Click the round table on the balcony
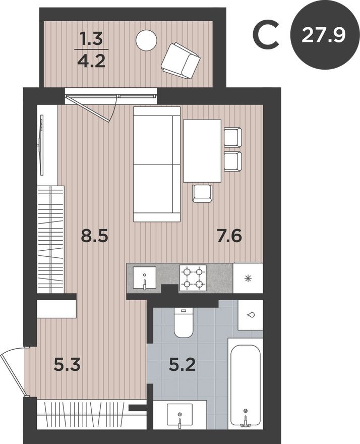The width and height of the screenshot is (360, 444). [147, 39]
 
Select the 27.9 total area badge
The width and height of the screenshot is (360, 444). [323, 35]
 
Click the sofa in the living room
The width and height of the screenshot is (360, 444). [157, 164]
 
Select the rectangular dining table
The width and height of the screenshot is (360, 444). [202, 150]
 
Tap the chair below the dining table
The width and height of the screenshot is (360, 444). [202, 193]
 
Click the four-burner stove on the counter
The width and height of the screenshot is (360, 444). [194, 277]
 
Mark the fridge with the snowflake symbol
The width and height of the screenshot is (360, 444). [248, 277]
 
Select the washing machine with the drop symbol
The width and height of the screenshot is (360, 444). [250, 315]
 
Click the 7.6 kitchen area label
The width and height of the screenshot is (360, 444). [229, 236]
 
